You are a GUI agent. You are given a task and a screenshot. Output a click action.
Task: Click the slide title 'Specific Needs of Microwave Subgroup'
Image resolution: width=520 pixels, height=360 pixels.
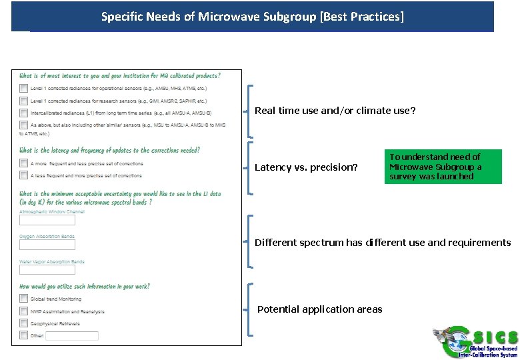pos(252,16)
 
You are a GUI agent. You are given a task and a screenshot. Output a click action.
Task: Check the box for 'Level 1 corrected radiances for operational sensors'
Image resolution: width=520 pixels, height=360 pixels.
pos(24,88)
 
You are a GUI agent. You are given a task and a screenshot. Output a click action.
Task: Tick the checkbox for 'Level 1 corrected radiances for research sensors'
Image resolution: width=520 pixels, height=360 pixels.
pos(24,101)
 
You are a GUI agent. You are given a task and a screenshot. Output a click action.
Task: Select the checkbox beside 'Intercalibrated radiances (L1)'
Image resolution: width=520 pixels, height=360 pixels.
pos(24,113)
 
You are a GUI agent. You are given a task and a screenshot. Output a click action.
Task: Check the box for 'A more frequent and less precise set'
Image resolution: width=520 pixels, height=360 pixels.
pos(24,163)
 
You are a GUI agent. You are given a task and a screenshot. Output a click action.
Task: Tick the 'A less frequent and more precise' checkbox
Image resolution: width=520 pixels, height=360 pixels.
pos(24,175)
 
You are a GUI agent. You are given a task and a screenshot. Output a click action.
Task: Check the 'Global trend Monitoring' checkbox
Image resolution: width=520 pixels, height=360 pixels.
pos(24,299)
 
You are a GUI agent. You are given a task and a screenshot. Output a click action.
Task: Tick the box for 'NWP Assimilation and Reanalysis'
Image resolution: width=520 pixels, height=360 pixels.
pos(24,311)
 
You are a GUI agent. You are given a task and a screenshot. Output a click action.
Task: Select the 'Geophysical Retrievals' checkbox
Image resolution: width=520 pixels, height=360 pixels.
pos(24,323)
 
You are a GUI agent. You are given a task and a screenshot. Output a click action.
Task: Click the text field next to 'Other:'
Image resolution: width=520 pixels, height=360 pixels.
pos(72,336)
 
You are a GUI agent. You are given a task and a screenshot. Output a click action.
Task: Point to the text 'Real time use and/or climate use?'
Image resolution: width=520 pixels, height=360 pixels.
pos(335,111)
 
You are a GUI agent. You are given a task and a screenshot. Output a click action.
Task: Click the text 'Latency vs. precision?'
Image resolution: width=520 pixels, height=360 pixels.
pos(306,167)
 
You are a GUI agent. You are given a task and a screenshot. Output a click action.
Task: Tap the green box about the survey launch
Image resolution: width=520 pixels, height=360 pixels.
pos(443,167)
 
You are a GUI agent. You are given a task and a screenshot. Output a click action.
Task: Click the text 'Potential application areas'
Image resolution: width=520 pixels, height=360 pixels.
pos(320,309)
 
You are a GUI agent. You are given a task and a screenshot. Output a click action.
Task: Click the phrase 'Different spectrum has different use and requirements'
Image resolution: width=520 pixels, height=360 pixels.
pos(383,243)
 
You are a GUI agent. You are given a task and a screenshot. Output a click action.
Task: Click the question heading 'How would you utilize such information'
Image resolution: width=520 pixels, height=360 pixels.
pos(85,286)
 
